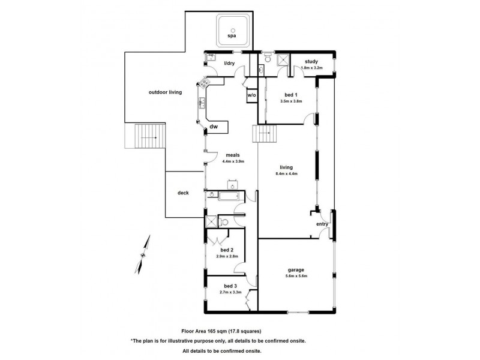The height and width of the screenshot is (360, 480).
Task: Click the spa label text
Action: click(x=232, y=37)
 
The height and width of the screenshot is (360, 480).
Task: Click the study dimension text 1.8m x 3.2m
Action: click(x=311, y=68)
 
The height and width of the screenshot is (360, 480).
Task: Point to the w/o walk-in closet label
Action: click(x=251, y=95)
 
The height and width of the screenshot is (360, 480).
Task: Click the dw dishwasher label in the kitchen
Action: click(x=214, y=127)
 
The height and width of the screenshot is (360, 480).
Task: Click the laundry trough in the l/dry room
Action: click(x=211, y=58)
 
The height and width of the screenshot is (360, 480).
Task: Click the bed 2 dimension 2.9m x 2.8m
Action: click(x=226, y=256)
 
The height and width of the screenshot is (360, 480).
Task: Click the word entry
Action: click(x=322, y=224)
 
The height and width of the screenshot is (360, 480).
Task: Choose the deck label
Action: click(x=184, y=193)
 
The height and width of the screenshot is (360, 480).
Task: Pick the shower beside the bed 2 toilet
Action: click(x=211, y=222)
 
